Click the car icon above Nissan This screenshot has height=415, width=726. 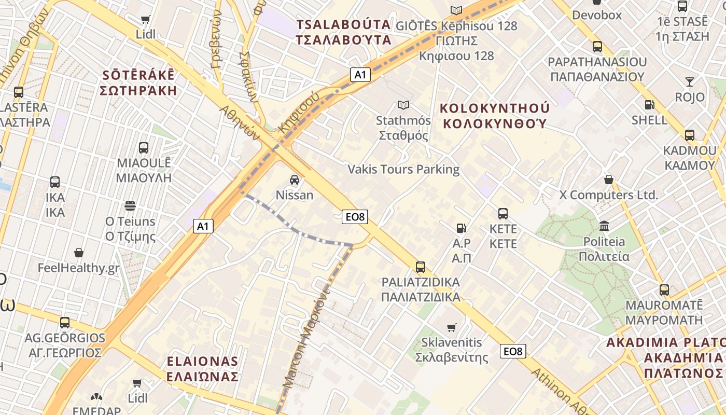pos(295,180)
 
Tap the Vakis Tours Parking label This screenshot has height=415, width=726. pos(403,170)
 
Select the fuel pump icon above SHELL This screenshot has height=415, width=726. pos(649,105)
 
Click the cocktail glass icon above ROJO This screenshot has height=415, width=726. pos(689,82)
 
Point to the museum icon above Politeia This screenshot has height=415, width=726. pos(604,226)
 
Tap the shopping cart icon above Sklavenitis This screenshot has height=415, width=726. pos(452,327)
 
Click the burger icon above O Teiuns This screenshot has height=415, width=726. pos(130,206)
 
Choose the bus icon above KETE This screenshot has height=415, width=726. pos(503,213)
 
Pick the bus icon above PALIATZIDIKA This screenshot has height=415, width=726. pos(421,267)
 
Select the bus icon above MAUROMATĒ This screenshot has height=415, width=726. pos(664,290)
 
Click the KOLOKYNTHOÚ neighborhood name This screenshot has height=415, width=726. pos(494,116)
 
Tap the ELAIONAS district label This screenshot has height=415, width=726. pos(203,369)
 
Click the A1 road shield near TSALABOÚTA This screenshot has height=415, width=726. pos(360,75)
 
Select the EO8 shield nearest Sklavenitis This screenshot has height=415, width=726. pos(513,351)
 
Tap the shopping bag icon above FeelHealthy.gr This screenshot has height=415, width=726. pos(79,253)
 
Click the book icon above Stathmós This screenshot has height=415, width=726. pos(403,105)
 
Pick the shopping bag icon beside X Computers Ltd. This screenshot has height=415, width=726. pos(609,180)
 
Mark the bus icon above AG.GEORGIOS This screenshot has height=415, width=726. pos(65,322)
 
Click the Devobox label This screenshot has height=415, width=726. pos(597,15)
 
